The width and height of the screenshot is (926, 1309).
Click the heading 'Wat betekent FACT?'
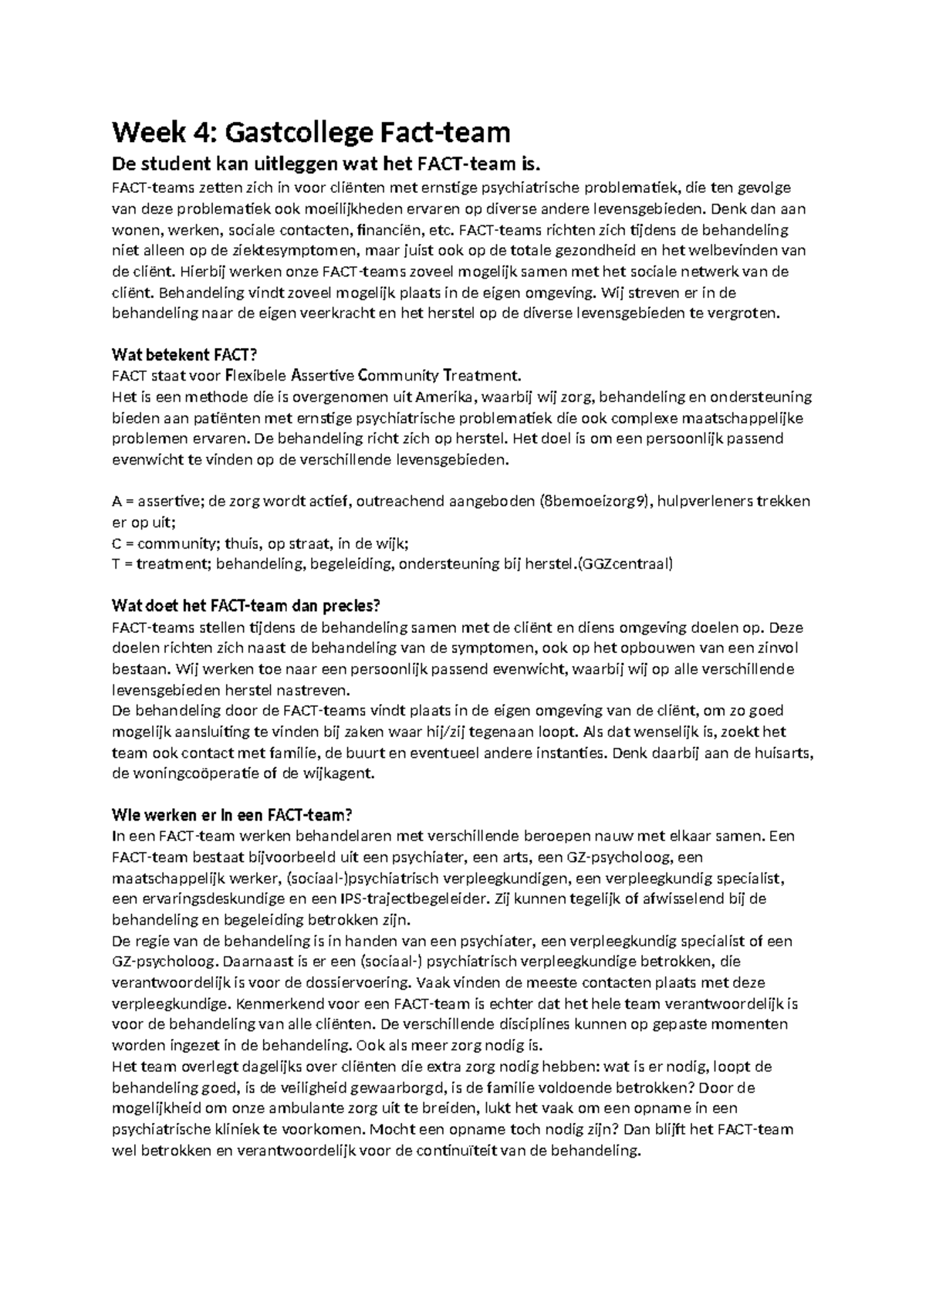184,355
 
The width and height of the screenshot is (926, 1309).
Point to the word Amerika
446,397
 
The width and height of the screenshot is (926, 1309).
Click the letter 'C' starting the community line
117,543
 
